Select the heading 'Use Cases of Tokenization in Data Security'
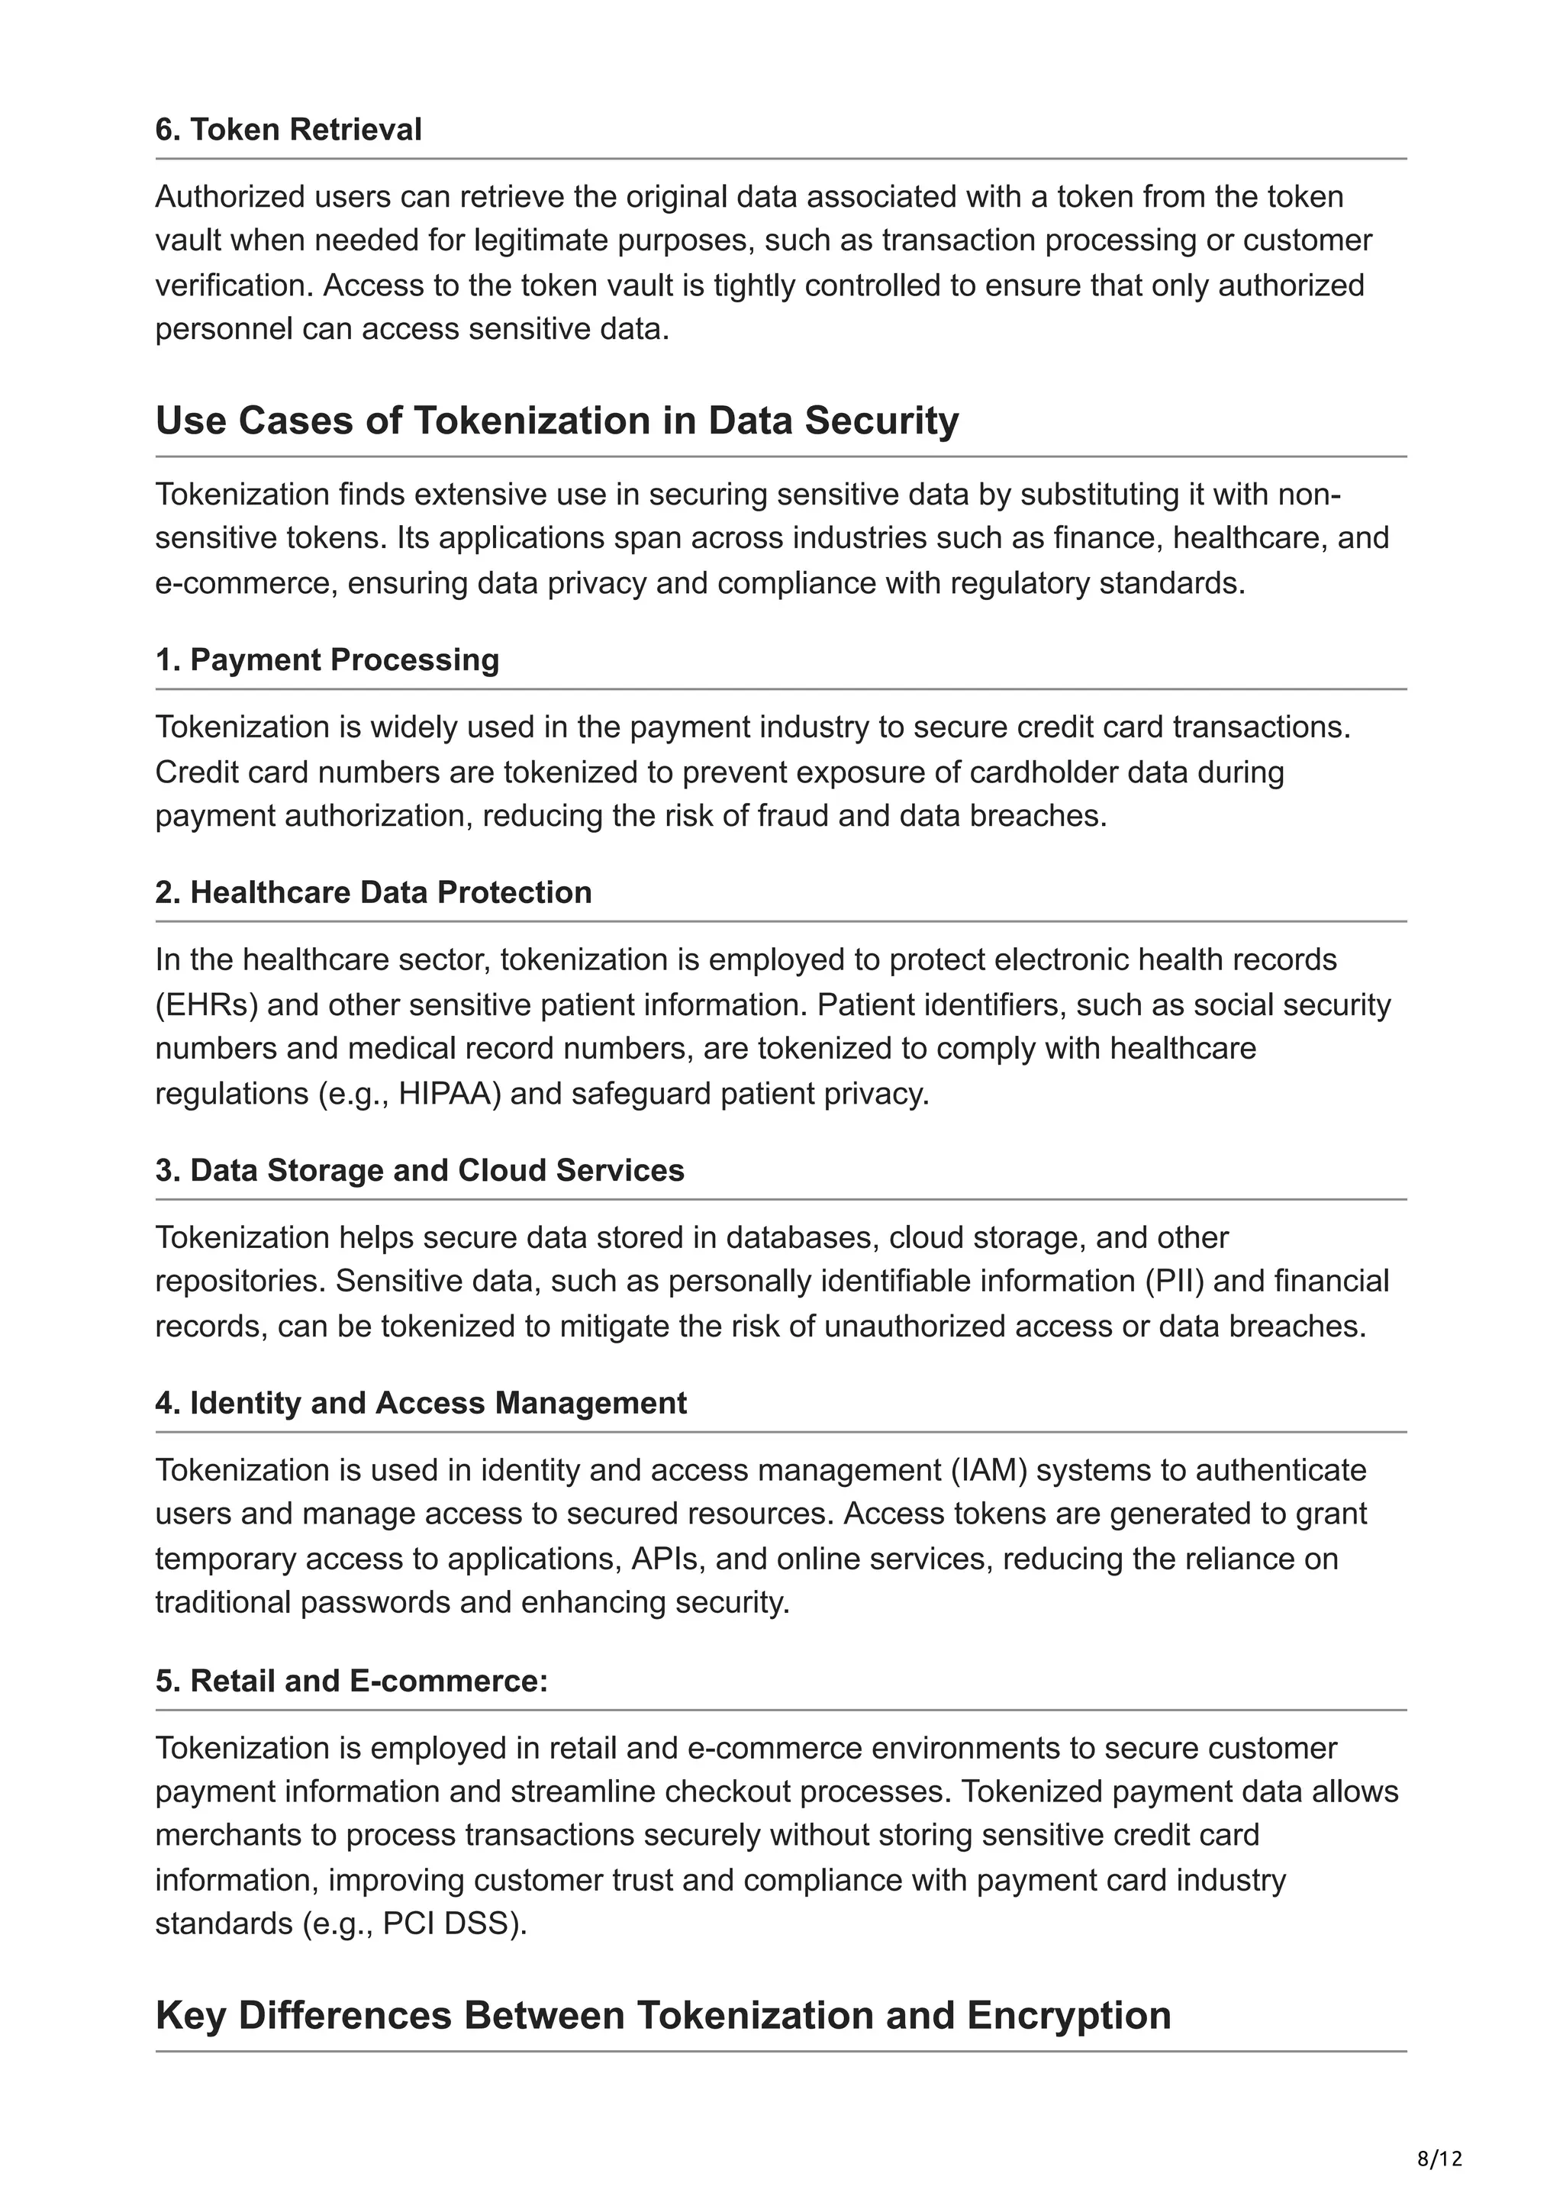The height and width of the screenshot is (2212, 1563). tap(556, 421)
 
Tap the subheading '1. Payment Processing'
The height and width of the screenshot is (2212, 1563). tap(327, 660)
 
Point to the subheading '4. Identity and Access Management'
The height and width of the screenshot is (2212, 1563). tap(420, 1403)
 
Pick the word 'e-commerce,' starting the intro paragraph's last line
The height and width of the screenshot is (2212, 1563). tap(246, 583)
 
